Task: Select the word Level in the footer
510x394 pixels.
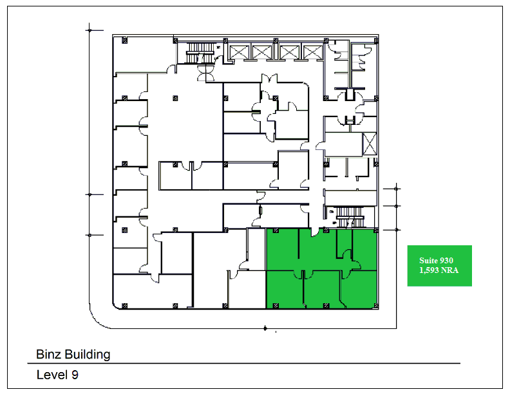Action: [x=52, y=375]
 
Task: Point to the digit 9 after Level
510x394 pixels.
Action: [x=75, y=375]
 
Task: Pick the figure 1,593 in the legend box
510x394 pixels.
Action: [x=428, y=270]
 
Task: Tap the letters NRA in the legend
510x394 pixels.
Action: [x=449, y=270]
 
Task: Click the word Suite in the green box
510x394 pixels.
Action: [x=428, y=260]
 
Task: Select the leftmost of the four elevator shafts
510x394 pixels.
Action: [x=239, y=52]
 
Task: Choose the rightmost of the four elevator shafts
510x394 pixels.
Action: [x=312, y=52]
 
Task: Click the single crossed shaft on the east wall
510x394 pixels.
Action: [x=370, y=144]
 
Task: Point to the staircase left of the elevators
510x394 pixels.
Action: [x=200, y=53]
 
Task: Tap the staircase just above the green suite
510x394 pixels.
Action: [x=349, y=216]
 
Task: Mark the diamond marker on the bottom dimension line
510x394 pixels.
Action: [x=265, y=328]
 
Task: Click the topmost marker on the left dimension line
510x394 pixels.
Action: [x=90, y=30]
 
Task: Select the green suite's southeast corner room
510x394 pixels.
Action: [x=359, y=289]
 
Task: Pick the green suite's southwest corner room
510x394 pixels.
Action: [x=284, y=289]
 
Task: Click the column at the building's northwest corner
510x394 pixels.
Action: [x=124, y=41]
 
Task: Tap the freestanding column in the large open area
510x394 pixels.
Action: [x=175, y=98]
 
